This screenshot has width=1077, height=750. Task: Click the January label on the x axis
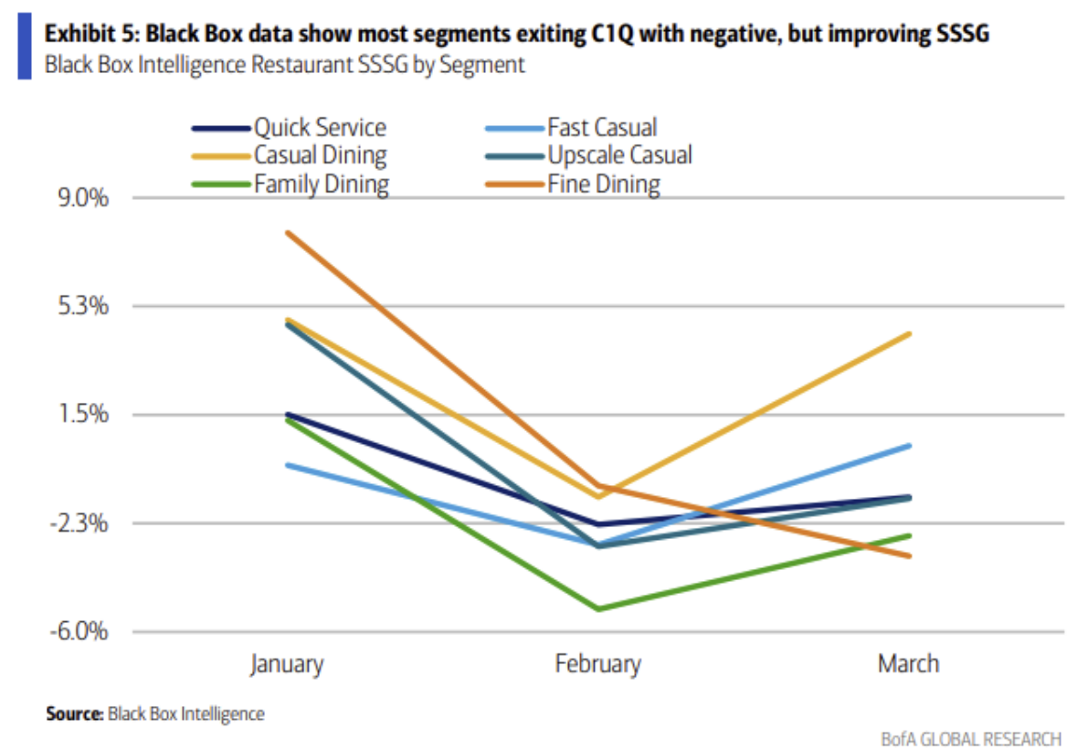coord(287,663)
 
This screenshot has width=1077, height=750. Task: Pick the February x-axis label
coord(598,663)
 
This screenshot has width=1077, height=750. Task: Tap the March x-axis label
coord(908,663)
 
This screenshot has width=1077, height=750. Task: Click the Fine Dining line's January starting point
coord(287,232)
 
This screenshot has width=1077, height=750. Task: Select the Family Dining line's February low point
coord(598,608)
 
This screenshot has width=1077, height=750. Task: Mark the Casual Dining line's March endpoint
coord(909,333)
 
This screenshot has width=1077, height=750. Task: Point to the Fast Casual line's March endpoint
coord(909,446)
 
